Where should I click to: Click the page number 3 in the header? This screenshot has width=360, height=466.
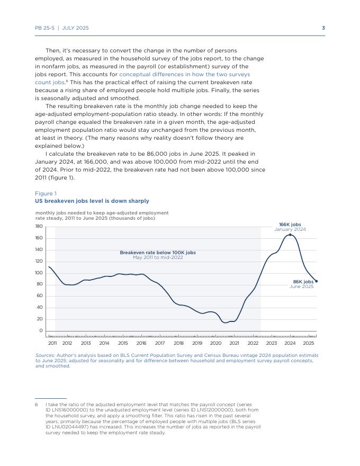coord(323,28)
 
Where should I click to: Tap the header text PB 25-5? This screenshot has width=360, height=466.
coord(44,28)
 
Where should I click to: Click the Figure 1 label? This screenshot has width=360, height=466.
coord(46,193)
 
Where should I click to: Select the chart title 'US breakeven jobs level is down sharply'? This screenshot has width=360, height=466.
coord(92,201)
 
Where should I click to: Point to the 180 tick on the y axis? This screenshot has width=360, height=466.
coord(39,227)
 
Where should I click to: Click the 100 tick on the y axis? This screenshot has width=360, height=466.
coord(39,273)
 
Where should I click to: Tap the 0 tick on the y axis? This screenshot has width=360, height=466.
coord(40,331)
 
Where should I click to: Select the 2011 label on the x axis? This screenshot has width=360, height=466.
coord(52,343)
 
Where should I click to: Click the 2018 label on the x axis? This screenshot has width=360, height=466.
coord(178,343)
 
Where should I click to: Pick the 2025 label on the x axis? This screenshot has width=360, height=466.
coord(309,343)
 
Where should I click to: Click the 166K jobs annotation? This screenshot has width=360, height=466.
coord(290,225)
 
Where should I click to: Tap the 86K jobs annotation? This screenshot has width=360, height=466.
coord(303,282)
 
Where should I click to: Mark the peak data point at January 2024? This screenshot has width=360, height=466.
coord(290,235)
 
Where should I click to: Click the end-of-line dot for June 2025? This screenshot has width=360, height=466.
coord(316,281)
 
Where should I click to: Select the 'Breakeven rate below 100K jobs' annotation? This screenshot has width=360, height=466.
coord(158,253)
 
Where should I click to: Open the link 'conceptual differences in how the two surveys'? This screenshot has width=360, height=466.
coord(185,75)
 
